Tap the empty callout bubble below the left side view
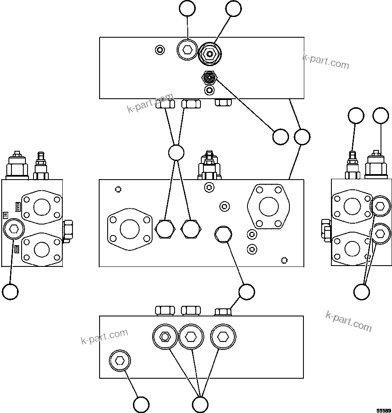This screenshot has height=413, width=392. (10, 291)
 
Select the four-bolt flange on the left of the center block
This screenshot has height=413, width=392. (130, 229)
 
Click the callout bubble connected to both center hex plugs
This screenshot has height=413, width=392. (176, 152)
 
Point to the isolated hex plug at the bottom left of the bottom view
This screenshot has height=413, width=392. (120, 361)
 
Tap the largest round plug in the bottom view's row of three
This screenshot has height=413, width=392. (222, 337)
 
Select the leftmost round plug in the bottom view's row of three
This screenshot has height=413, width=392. (164, 337)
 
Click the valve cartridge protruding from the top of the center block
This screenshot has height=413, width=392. (209, 166)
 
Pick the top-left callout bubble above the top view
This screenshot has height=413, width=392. (187, 8)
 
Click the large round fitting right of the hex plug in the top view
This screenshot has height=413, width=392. (209, 54)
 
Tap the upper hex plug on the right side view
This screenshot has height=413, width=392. (380, 206)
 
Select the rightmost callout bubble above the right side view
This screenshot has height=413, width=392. (381, 115)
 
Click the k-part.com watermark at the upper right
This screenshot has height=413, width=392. (326, 61)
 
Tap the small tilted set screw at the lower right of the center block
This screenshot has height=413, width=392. (284, 260)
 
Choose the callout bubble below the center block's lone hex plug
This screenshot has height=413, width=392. (246, 291)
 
